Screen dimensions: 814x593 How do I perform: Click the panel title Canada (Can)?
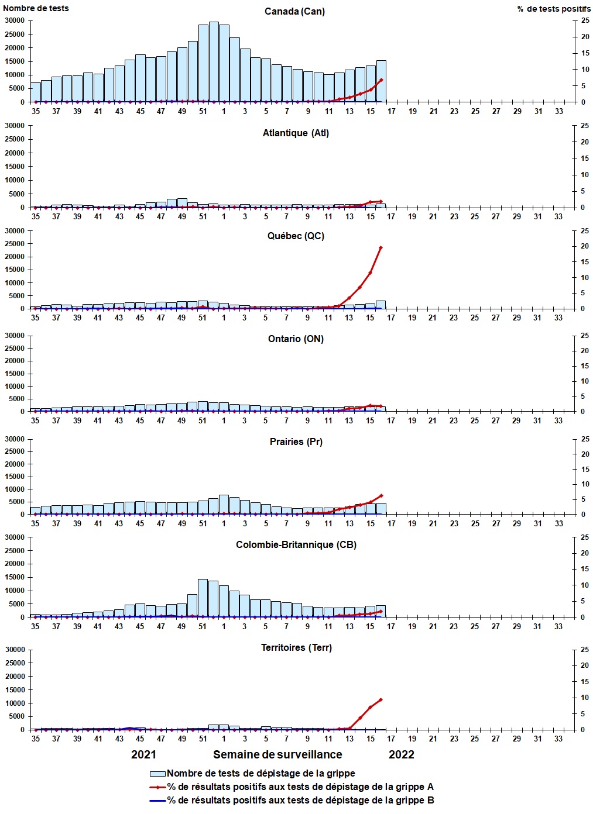tap(294, 12)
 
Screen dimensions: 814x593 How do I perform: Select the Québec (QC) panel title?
tap(296, 236)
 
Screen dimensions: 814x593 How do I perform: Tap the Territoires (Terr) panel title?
tap(296, 648)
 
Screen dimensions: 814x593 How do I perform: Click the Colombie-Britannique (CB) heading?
tap(296, 545)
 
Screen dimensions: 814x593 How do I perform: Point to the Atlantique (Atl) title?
tap(296, 133)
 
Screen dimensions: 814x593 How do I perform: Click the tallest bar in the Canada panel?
tap(214, 62)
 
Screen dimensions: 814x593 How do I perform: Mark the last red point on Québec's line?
tap(381, 248)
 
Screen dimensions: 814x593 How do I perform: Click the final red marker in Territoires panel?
tap(381, 700)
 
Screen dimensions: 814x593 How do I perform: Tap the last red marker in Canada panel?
tap(381, 80)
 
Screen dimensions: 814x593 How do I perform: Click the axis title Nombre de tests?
tap(36, 8)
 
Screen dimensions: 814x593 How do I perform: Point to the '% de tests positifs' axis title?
tap(554, 9)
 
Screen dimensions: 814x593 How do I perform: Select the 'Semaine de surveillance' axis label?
tap(277, 755)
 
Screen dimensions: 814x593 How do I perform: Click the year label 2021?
tap(143, 755)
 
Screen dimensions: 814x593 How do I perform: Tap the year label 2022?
tap(401, 755)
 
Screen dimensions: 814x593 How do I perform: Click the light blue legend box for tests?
tap(157, 774)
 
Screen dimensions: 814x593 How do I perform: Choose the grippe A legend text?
tap(300, 787)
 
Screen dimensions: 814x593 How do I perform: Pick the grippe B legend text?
tap(300, 801)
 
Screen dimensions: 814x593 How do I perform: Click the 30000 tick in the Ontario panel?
tap(15, 336)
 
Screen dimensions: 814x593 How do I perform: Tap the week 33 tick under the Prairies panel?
tap(559, 524)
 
